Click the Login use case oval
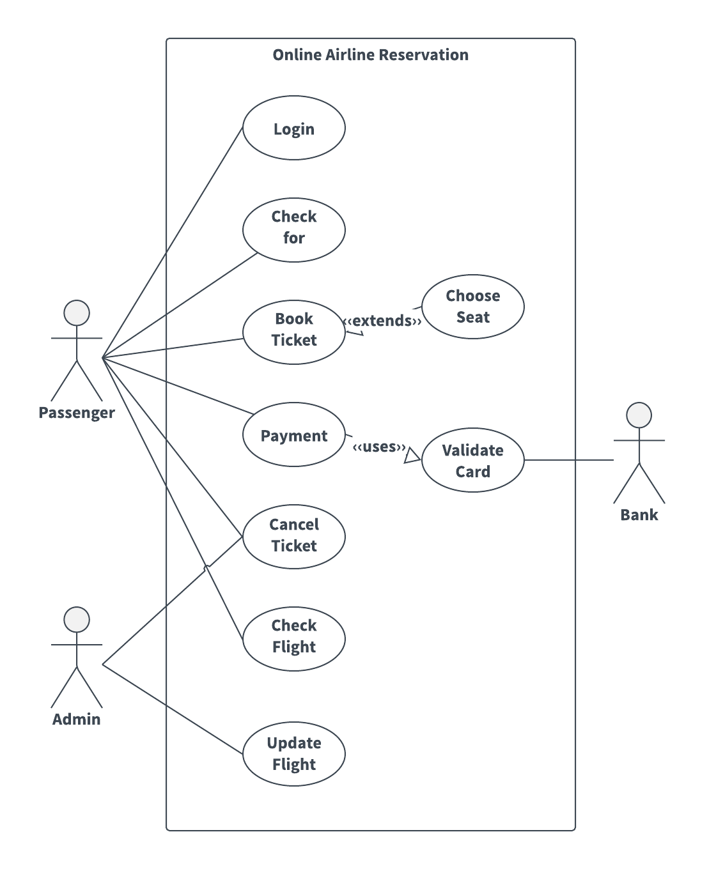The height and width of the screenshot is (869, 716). point(293,128)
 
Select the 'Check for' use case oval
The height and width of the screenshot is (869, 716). point(293,229)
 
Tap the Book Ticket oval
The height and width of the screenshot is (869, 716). point(293,332)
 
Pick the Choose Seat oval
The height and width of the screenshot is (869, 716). point(472,307)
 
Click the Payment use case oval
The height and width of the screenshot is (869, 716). point(293,434)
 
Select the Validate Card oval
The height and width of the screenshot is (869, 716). point(472,460)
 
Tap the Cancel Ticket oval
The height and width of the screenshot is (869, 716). point(293,536)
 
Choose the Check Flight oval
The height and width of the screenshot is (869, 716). point(293,638)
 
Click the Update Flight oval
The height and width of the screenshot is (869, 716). point(293,753)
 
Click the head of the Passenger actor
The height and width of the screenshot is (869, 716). point(77,313)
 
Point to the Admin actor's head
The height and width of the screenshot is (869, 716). point(77,620)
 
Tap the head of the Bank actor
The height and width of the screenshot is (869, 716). point(639,415)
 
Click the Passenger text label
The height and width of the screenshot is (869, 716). point(77,413)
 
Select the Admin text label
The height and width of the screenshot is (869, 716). point(77,719)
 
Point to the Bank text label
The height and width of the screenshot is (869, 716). point(639,515)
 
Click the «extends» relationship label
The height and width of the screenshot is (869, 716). point(383,321)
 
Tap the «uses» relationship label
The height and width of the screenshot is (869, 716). point(379,447)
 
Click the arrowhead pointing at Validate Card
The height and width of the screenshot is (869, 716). point(412,454)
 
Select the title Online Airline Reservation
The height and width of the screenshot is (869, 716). point(371,55)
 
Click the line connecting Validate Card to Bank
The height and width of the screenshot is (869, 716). point(569,460)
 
